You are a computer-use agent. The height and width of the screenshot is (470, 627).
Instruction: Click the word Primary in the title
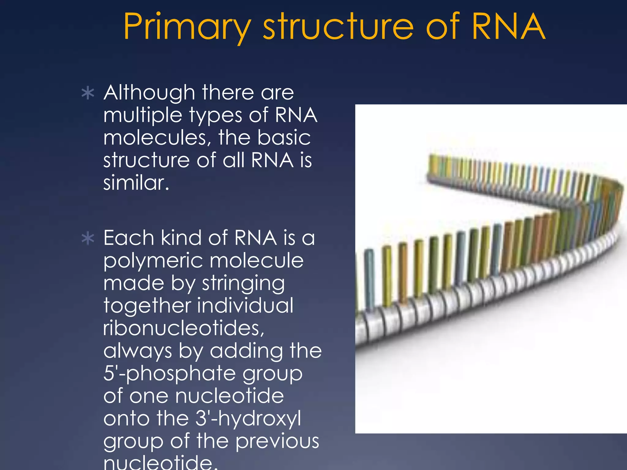pyautogui.click(x=187, y=28)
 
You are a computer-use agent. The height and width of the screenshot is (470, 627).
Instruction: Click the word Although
pyautogui.click(x=149, y=93)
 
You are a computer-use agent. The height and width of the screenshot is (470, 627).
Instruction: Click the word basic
pyautogui.click(x=284, y=138)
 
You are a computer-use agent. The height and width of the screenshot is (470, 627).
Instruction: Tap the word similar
pyautogui.click(x=136, y=183)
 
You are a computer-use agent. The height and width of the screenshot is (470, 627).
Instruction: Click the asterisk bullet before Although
pyautogui.click(x=88, y=93)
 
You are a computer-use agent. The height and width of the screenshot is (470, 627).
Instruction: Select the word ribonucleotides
pyautogui.click(x=184, y=328)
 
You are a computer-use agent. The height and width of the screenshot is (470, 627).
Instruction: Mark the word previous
pyautogui.click(x=277, y=442)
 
